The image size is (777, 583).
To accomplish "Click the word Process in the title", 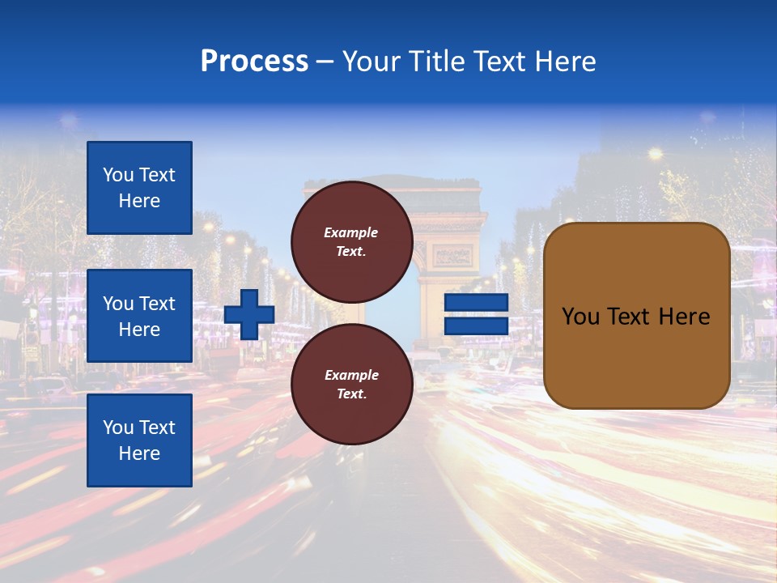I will pos(254,62).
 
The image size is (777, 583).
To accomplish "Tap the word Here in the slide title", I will pos(564,62).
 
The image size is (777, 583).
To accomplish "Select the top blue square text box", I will pos(139,188).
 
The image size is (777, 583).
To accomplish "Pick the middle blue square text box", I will pos(139,316).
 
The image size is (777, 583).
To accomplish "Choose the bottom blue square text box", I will pos(139,440).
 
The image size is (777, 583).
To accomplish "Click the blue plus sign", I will pos(248,314).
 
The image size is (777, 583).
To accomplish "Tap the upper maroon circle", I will pos(351,241).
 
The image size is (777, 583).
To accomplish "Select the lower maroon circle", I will pos(351,384).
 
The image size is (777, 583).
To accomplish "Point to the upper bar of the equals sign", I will pos(476,303).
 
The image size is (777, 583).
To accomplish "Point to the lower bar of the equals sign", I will pos(476,326).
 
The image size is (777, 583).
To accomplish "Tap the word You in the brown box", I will pos(580,317).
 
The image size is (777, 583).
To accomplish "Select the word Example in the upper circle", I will pos(351,232).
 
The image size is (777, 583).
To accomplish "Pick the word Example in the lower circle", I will pos(351,375).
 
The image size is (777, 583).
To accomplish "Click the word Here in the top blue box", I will pos(139,201).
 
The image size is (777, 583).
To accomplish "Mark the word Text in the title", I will pos(500,62).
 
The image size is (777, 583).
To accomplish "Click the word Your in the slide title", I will pos(370,62).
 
